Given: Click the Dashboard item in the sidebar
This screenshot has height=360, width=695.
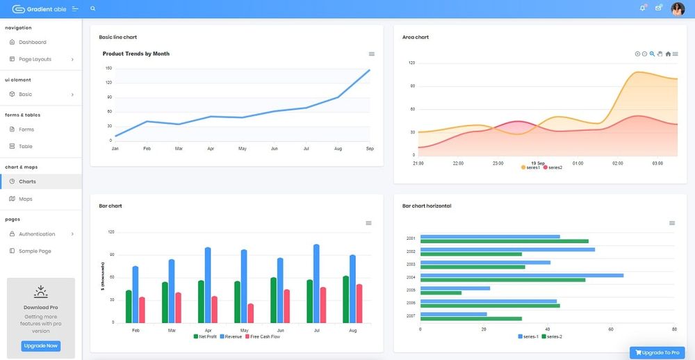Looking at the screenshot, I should tap(32, 42).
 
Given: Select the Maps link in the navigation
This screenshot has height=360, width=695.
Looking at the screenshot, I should tap(25, 199).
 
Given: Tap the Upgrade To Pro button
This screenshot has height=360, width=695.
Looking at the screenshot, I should tap(657, 352).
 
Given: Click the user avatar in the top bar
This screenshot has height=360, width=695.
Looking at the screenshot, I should tap(677, 9).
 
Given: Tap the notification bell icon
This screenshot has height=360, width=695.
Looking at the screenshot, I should tap(642, 8).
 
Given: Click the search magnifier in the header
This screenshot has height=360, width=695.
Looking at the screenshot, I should tap(93, 9).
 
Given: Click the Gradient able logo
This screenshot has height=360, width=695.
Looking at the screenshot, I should tap(40, 9).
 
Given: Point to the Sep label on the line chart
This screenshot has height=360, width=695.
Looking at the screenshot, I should tap(370, 149).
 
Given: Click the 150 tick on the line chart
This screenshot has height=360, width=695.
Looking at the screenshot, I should tap(109, 68).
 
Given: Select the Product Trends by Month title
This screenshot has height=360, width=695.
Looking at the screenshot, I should tap(136, 54).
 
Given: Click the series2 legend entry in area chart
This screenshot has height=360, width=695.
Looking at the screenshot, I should tap(553, 167).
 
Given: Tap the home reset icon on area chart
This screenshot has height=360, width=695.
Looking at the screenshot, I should tap(668, 54).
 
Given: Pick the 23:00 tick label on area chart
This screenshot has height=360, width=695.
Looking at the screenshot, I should tap(498, 163).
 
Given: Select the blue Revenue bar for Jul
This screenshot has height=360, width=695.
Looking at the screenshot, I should tap(316, 284).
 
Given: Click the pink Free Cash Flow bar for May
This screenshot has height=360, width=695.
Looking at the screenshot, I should tap(250, 313).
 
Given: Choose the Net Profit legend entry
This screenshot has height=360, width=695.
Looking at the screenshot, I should tap(206, 336).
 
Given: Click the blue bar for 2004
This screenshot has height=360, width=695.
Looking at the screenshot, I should tap(521, 275).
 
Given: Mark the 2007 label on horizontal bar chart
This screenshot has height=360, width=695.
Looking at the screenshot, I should tap(411, 316).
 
